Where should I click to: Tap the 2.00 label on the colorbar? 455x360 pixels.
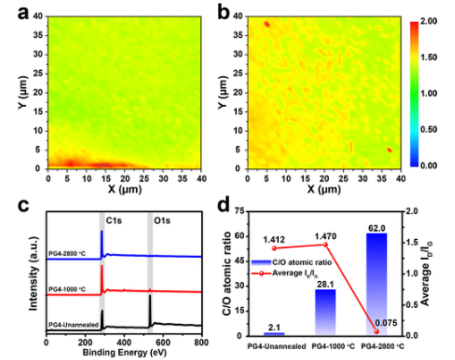[429, 21]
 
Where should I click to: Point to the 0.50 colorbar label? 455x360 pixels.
[429, 129]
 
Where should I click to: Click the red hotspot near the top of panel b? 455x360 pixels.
[267, 24]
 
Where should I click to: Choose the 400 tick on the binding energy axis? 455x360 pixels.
[124, 342]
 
